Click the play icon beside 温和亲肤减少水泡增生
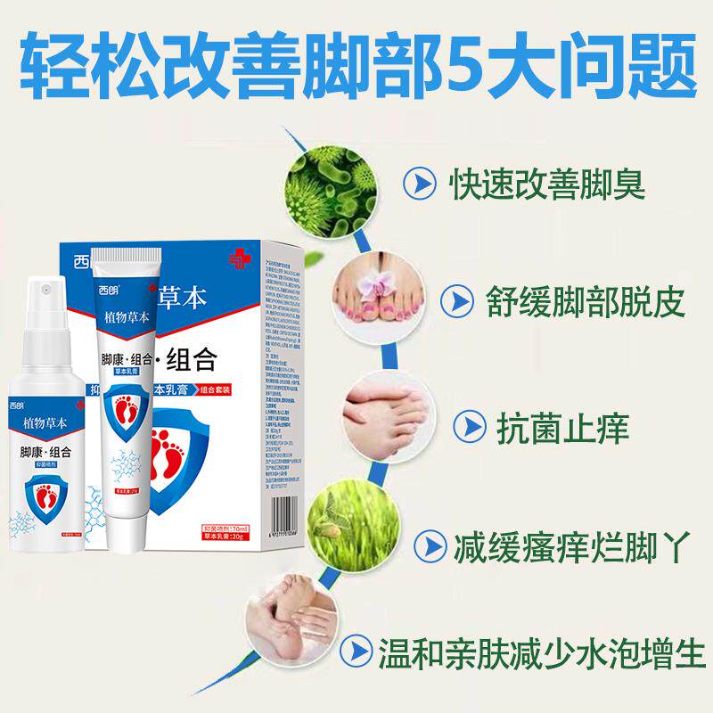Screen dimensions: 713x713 click(358, 644)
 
